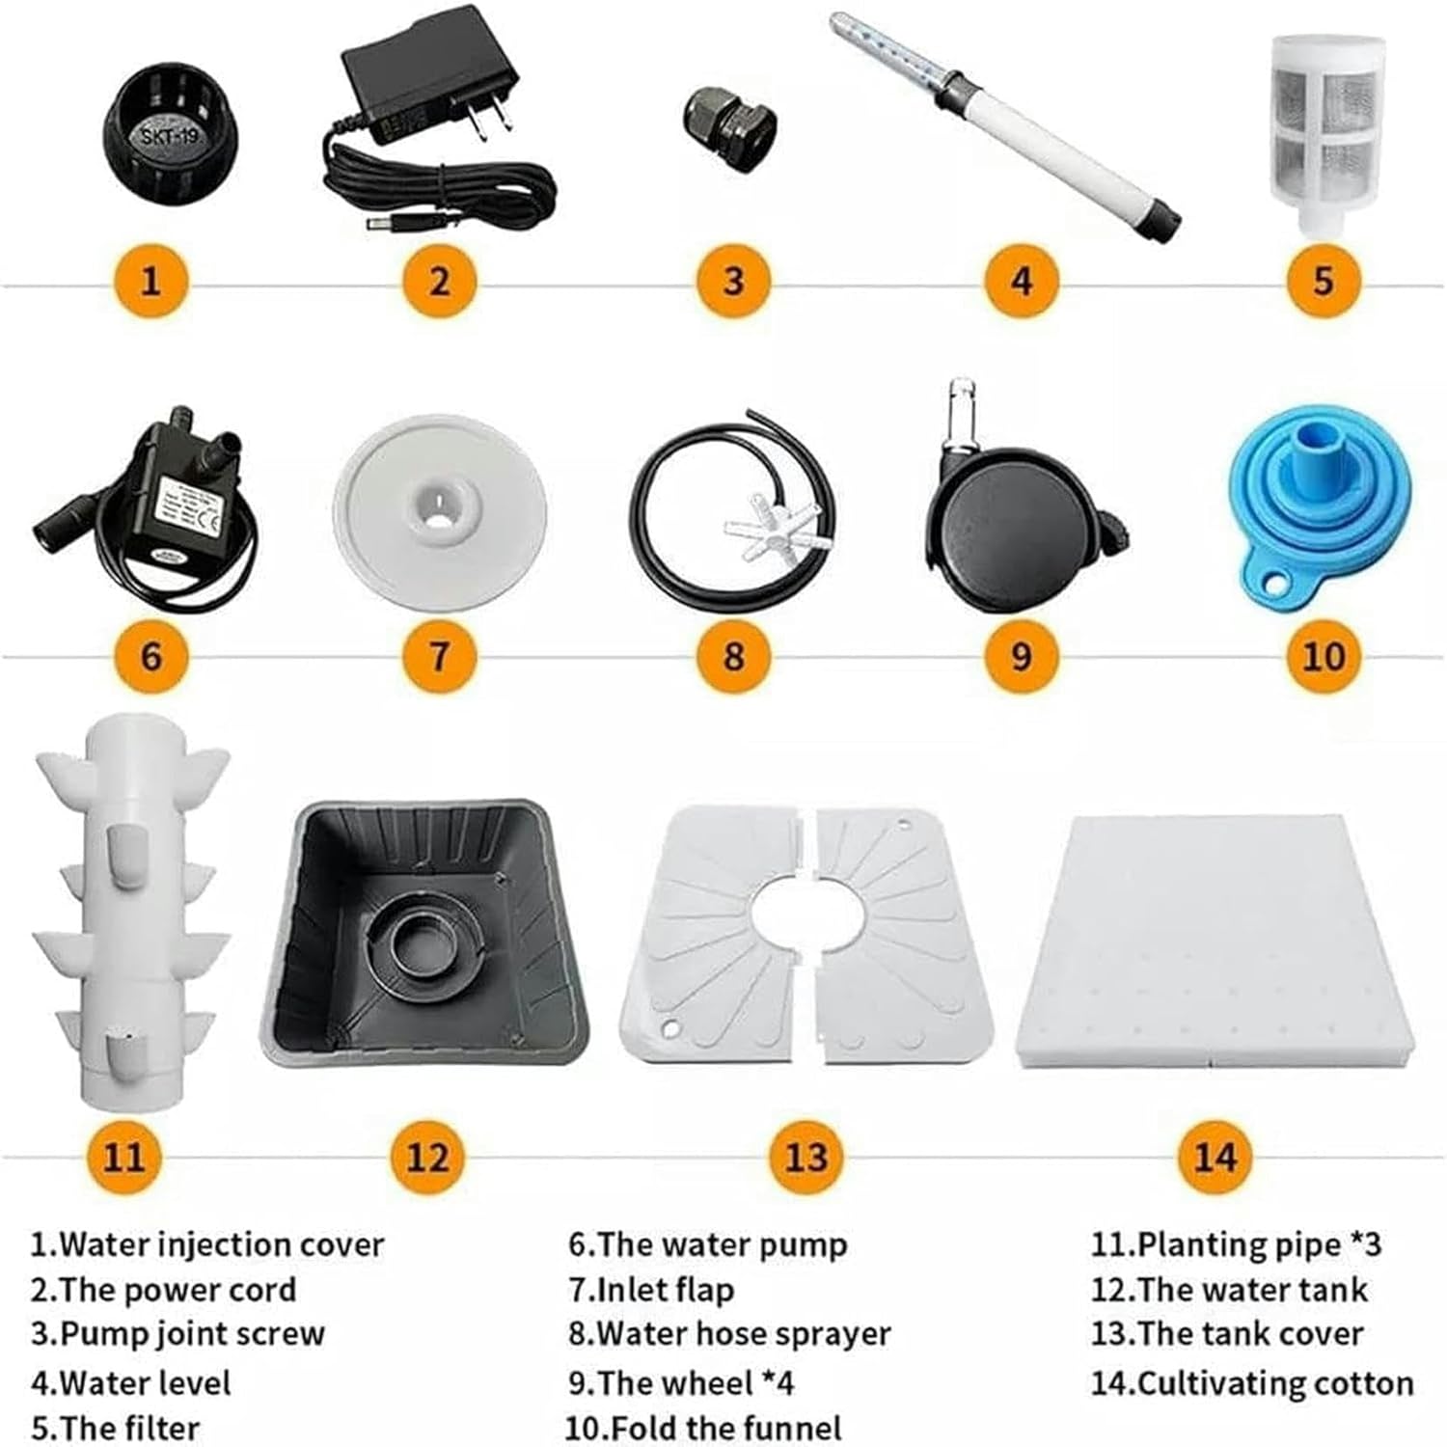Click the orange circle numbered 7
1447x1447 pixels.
point(440,656)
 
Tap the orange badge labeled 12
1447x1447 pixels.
point(427,1156)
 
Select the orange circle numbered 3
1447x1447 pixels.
point(733,281)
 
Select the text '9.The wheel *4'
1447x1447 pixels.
point(681,1382)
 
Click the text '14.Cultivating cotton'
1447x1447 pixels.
point(1252,1382)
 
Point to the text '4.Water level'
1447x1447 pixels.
point(131,1382)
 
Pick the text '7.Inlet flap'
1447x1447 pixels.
point(651,1290)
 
